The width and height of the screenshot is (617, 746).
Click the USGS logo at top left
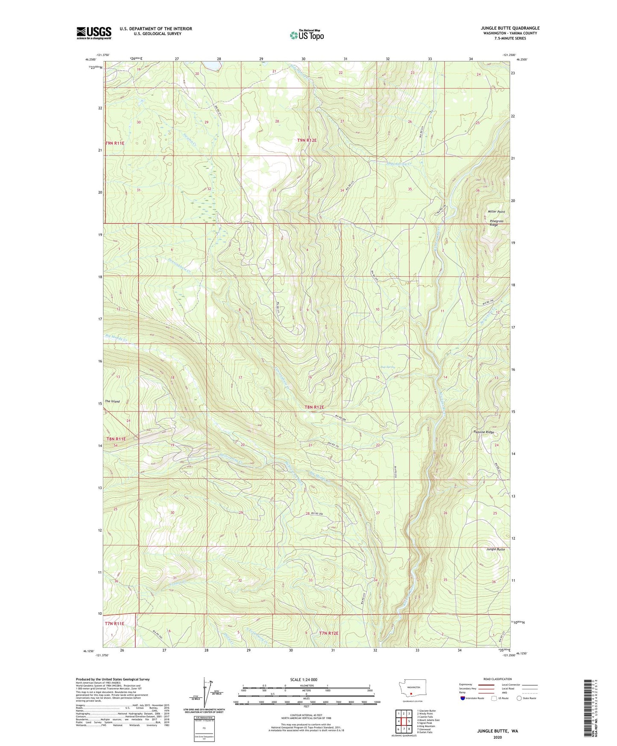coord(94,33)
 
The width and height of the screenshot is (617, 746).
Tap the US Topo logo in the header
coord(306,35)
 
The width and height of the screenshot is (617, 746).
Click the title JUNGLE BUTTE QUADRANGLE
coord(510,28)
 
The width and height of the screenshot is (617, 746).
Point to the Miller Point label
coord(496,212)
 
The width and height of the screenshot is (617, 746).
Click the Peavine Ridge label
coord(483,432)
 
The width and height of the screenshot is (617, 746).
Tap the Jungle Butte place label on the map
coord(495,549)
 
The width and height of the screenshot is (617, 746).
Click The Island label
coord(112,401)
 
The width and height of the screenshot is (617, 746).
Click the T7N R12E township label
coord(328,633)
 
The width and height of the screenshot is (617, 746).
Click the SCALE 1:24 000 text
coord(303,679)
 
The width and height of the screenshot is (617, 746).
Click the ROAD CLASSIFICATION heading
coord(497,679)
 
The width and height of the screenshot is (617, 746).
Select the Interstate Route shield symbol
coord(463,698)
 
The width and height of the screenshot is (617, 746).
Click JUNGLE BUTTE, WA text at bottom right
coord(497,731)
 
